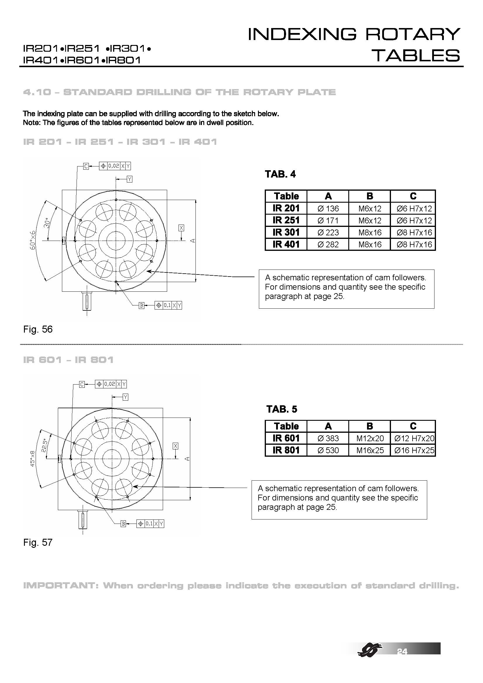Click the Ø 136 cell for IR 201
(x=328, y=208)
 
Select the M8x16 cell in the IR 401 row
(x=370, y=244)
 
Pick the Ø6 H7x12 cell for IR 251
(x=414, y=220)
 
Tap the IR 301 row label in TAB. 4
(x=286, y=232)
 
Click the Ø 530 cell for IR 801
(x=328, y=450)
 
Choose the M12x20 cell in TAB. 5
(x=370, y=439)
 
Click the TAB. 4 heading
(x=280, y=174)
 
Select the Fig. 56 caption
(x=38, y=329)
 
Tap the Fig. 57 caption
(x=38, y=542)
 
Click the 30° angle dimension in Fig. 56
(x=46, y=223)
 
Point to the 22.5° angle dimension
(x=44, y=445)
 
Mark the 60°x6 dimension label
(x=33, y=240)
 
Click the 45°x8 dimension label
(x=33, y=458)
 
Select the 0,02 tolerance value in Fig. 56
(x=113, y=166)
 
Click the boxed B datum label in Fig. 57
(x=124, y=524)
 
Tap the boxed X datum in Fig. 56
(x=181, y=228)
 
